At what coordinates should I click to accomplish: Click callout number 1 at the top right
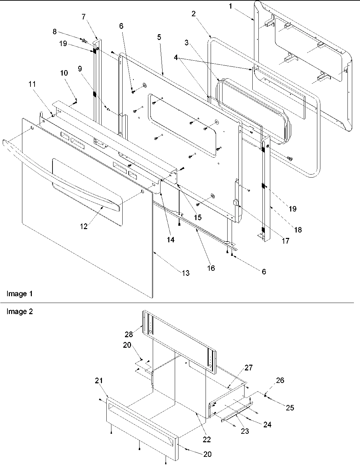(x=231, y=6)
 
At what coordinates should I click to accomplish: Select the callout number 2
(x=193, y=14)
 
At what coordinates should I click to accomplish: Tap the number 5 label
(x=159, y=37)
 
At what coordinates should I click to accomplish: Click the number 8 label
(x=54, y=32)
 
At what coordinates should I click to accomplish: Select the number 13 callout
(x=186, y=273)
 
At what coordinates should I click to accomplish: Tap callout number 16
(x=211, y=268)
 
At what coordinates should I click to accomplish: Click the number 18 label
(x=298, y=230)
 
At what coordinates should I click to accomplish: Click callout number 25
(x=290, y=407)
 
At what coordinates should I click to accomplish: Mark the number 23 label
(x=245, y=431)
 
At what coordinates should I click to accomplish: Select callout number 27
(x=249, y=368)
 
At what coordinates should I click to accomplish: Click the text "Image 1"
(x=20, y=294)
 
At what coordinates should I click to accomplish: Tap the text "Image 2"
(x=20, y=311)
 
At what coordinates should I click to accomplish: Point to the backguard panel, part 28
(x=179, y=339)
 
